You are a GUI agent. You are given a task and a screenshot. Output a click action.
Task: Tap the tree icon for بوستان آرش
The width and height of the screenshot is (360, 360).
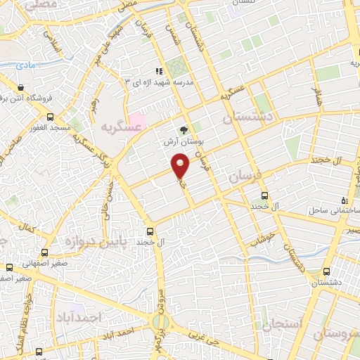[184, 129]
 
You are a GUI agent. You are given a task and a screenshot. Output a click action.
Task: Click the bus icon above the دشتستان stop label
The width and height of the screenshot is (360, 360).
[326, 271]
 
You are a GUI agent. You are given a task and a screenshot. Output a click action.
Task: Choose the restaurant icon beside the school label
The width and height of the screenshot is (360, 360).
[159, 70]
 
